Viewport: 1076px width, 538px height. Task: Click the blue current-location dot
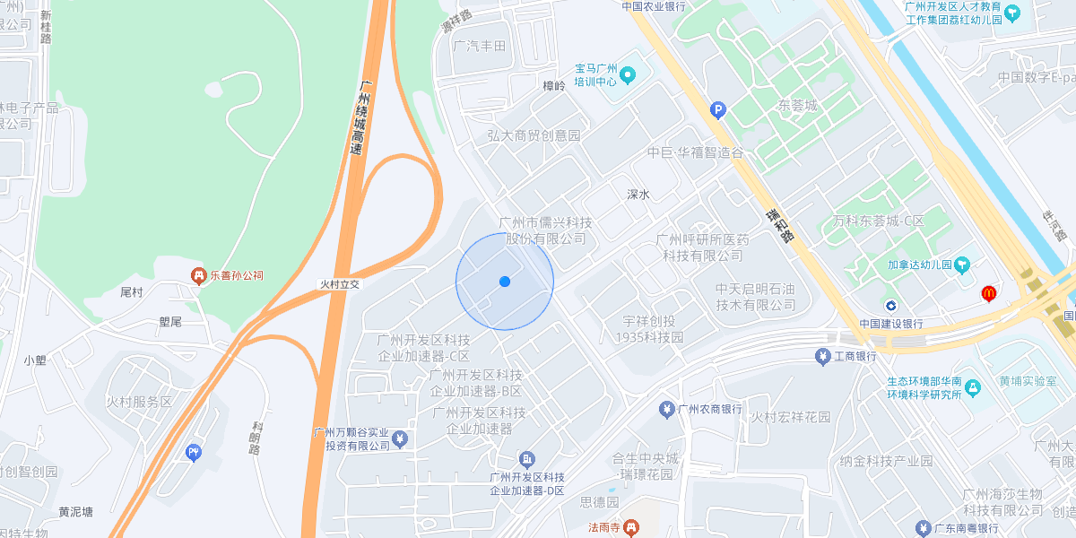pos(505,282)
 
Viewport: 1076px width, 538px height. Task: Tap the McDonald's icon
pos(989,292)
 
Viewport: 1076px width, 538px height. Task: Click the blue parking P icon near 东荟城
pos(717,110)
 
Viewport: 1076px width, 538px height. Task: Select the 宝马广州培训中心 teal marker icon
pos(628,74)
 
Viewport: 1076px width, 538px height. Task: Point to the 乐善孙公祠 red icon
pos(197,275)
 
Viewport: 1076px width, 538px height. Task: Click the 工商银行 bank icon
pos(822,357)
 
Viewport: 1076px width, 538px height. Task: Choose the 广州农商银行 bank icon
pos(666,410)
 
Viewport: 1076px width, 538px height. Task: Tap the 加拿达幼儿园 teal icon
pos(962,265)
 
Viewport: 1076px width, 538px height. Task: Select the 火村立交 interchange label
pos(340,283)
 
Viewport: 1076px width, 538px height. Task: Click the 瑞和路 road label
pos(780,226)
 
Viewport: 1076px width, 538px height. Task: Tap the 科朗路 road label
pos(256,437)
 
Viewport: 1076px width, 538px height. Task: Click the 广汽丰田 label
pos(480,46)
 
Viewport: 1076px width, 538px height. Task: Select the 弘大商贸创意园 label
pos(534,135)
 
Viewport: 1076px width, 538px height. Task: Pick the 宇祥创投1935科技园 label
pos(649,329)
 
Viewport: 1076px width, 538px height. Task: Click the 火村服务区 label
pos(139,402)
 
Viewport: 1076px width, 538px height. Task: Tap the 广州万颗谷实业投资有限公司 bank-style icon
pos(401,438)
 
